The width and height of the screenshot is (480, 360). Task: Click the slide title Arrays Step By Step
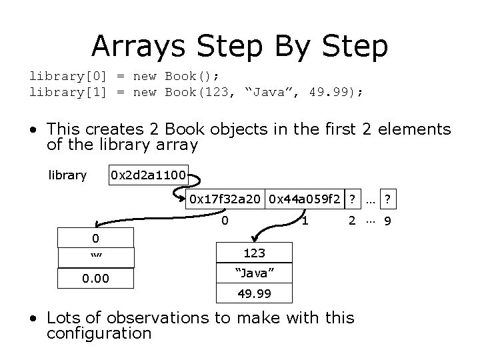click(239, 45)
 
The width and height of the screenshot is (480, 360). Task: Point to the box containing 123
click(254, 253)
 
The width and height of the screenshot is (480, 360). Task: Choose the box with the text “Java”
click(254, 273)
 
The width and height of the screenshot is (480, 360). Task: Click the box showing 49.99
click(254, 293)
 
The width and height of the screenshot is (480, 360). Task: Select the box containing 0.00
click(97, 277)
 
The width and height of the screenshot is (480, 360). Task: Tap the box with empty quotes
click(97, 257)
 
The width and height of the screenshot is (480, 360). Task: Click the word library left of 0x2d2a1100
click(67, 175)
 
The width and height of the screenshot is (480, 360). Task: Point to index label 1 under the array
click(304, 219)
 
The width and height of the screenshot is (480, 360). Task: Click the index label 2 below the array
click(351, 219)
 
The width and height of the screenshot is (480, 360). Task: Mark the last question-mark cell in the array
click(387, 198)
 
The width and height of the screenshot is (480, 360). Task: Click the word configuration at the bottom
click(99, 333)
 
